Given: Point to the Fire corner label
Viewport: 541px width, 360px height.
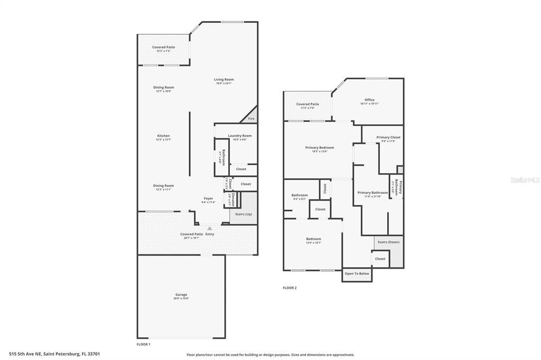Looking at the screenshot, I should click(251, 119).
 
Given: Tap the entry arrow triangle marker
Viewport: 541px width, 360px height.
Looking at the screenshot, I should click(209, 228).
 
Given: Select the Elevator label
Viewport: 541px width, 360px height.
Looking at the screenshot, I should click(232, 200).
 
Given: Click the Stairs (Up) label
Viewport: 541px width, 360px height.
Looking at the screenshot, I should click(244, 214).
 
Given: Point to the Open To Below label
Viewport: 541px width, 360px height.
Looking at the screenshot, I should click(357, 273).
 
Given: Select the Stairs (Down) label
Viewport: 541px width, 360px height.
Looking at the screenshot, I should click(388, 242).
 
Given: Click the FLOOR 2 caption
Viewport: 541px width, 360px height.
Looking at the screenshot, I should click(290, 288).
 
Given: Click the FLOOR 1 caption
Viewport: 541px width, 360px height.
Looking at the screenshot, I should click(143, 344).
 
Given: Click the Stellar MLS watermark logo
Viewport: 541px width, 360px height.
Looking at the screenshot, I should click(525, 180).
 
